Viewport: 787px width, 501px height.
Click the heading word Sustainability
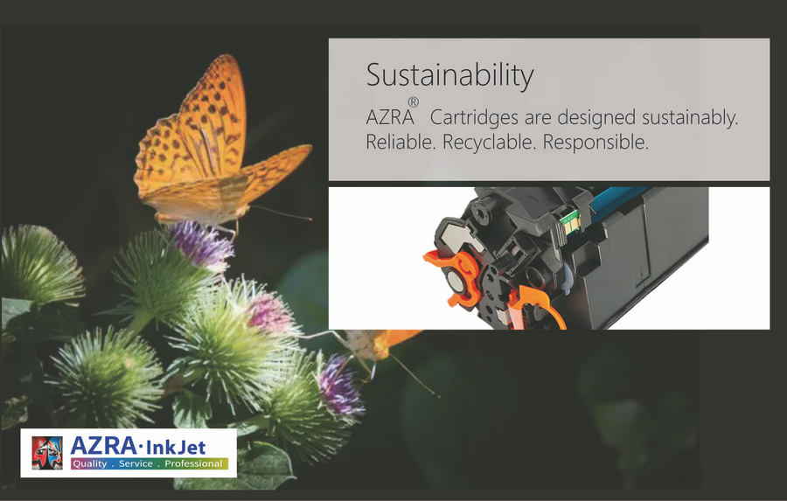(x=449, y=76)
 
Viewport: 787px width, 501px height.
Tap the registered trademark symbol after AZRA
(x=413, y=102)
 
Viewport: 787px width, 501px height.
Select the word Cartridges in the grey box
(x=474, y=117)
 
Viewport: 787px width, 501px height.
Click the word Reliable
(x=400, y=142)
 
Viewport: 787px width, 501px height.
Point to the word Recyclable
(x=489, y=143)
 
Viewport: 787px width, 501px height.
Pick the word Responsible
(x=595, y=143)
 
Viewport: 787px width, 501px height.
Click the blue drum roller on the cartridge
(x=620, y=198)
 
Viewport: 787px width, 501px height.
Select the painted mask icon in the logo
(x=47, y=453)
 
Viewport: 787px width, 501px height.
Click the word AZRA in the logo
(x=103, y=446)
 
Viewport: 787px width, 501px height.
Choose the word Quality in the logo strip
(x=90, y=464)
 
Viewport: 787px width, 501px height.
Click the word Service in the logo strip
(x=136, y=464)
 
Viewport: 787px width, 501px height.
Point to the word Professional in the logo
(x=193, y=464)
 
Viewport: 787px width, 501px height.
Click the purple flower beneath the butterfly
(x=201, y=245)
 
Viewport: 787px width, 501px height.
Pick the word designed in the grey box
(x=596, y=118)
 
